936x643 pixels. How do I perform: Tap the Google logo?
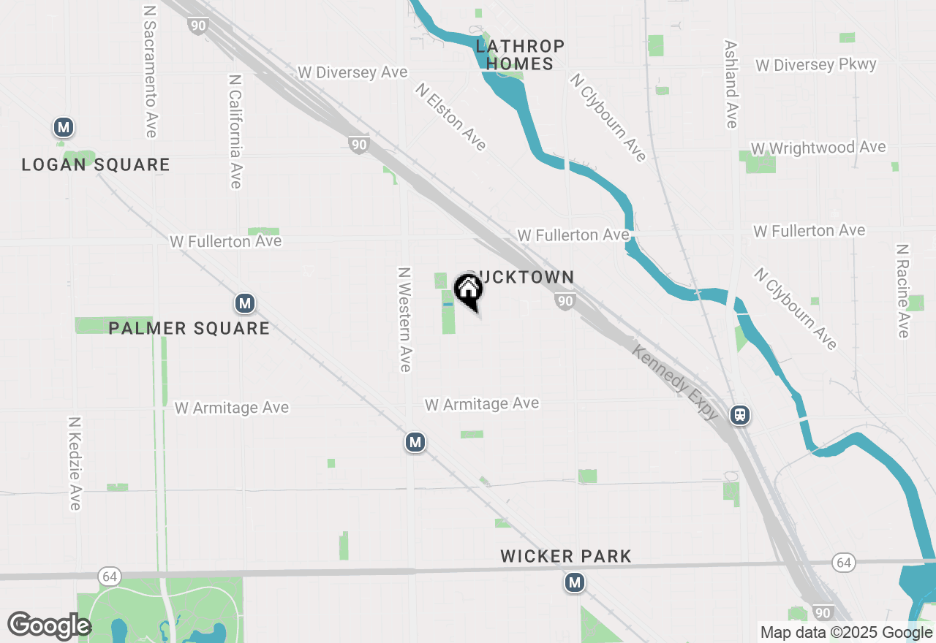pos(49,625)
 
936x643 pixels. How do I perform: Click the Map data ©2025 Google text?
pos(846,633)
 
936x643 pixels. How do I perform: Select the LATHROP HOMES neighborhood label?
pos(520,56)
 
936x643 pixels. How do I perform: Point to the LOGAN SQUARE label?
pos(96,165)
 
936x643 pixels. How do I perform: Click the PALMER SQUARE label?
pos(189,328)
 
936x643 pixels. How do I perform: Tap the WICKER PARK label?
pos(566,557)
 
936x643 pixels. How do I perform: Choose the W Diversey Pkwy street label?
pos(815,65)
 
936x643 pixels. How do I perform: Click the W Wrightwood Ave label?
pos(818,148)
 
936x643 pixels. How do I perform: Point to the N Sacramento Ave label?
pos(151,72)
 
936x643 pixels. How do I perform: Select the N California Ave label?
pos(235,131)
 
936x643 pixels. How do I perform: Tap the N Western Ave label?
pos(404,319)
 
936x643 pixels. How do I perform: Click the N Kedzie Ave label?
pos(75,463)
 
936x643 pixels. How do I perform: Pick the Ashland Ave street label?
pos(731,83)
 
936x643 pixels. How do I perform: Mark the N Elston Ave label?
pos(451,116)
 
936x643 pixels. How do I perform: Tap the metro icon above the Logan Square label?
pos(64,128)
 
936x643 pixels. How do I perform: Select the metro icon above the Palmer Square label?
pos(244,303)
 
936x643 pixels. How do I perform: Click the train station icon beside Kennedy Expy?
pos(740,416)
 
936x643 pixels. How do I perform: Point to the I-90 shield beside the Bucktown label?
pos(564,301)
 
